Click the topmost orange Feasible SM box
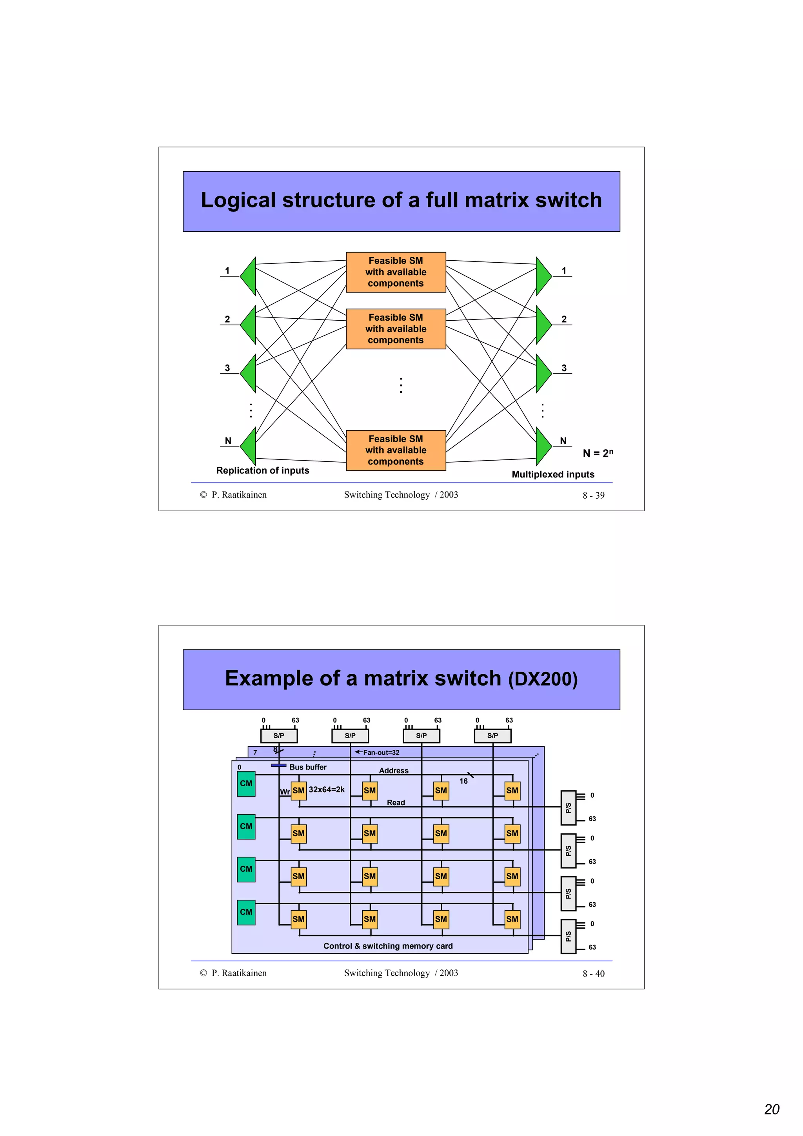coord(395,272)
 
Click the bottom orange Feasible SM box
coord(395,450)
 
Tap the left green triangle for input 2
coord(249,325)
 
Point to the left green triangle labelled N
coord(249,446)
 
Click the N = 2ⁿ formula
coord(598,453)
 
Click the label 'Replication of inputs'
coord(262,470)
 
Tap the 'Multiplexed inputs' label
coord(552,474)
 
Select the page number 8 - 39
coord(593,495)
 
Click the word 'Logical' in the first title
coord(238,200)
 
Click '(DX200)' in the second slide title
coord(543,679)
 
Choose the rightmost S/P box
coord(492,736)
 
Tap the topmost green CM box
coord(246,784)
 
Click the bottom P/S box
coord(568,936)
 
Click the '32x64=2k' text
coord(327,789)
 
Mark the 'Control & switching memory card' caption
coord(388,946)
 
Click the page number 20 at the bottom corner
coord(772,1109)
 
